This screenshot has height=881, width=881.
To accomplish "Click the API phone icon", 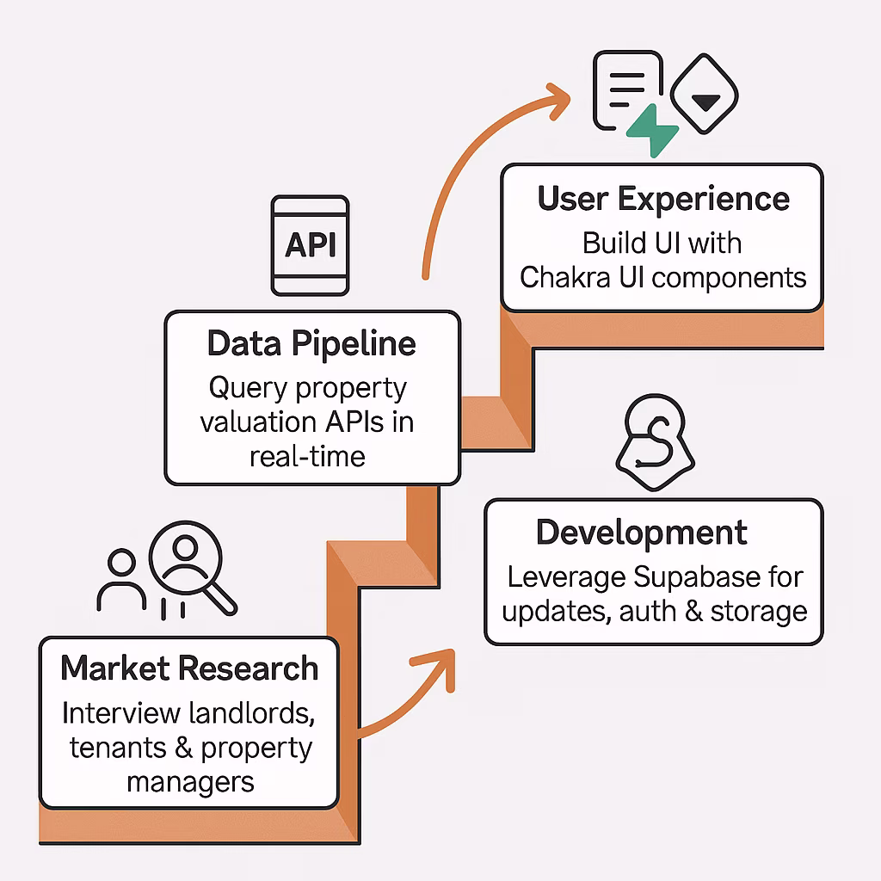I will pyautogui.click(x=310, y=245).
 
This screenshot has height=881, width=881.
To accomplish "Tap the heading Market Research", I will pyautogui.click(x=189, y=668).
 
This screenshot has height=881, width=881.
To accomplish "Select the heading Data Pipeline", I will pyautogui.click(x=311, y=343).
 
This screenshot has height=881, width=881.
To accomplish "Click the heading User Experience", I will pyautogui.click(x=662, y=199).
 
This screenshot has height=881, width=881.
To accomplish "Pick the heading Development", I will pyautogui.click(x=642, y=533).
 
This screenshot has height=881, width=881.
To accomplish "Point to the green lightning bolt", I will pyautogui.click(x=652, y=132).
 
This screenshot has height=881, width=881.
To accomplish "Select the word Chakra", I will pyautogui.click(x=570, y=277).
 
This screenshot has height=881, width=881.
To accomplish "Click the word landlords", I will pyautogui.click(x=261, y=713).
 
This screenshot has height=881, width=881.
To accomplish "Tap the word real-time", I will pyautogui.click(x=307, y=455).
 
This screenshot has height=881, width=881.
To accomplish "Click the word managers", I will pyautogui.click(x=190, y=782).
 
